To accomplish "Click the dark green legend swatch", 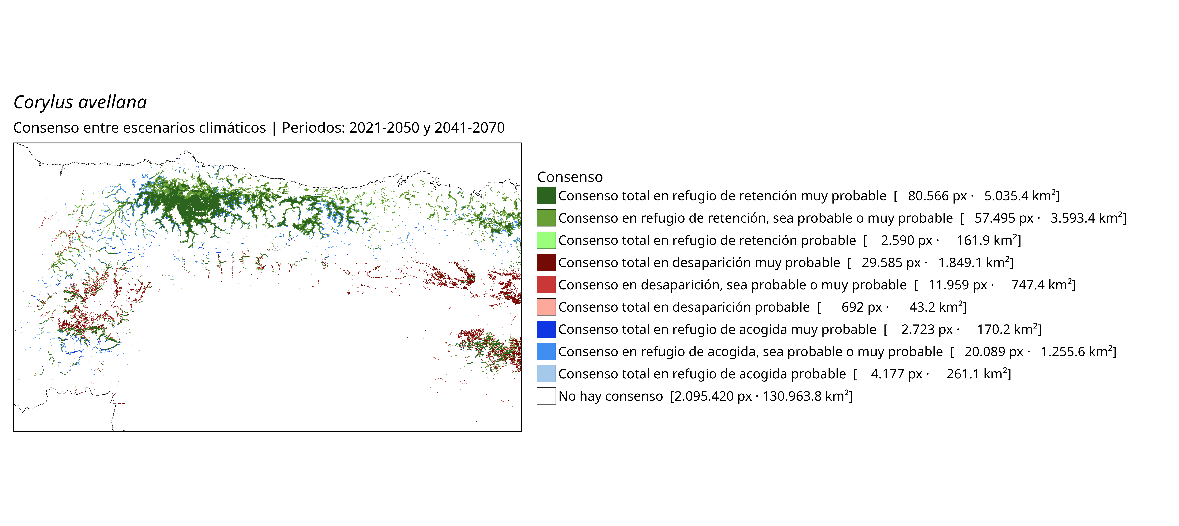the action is tap(546, 196).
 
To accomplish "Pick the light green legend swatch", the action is tap(546, 240).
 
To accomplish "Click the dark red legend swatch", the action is tap(546, 263).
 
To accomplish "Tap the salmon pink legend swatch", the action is tap(546, 307).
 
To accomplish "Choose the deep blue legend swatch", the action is tap(546, 329).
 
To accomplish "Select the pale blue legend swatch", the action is tap(546, 374).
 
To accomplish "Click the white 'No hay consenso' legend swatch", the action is tap(546, 396).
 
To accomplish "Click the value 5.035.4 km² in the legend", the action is tap(1020, 196).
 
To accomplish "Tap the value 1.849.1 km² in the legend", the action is tap(974, 263).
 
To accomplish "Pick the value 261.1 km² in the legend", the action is tap(977, 374).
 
